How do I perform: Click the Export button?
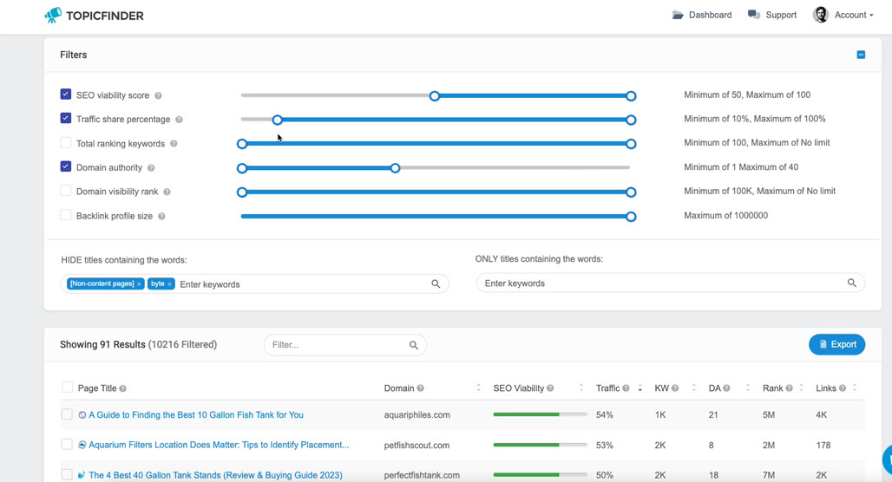click(x=836, y=344)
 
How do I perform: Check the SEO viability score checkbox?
click(x=66, y=94)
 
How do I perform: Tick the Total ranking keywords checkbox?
click(x=66, y=143)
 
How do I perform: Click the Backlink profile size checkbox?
click(x=66, y=215)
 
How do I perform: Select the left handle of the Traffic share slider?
click(x=277, y=120)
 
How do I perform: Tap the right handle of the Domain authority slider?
click(x=396, y=168)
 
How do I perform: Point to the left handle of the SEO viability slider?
click(x=435, y=96)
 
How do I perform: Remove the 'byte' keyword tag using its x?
click(x=169, y=284)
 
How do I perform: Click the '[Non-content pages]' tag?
click(x=102, y=283)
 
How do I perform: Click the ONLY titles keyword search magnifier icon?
click(x=851, y=283)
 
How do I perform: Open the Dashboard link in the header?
click(x=702, y=16)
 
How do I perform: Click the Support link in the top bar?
click(x=772, y=16)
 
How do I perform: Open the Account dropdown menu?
click(x=843, y=16)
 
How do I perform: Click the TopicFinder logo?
click(x=94, y=16)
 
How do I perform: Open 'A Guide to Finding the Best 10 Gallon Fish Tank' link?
click(x=196, y=415)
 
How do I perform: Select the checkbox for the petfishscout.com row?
click(x=67, y=445)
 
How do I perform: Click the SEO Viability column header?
click(x=518, y=388)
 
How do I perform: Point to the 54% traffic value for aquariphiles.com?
click(x=605, y=415)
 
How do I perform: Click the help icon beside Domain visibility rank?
click(x=167, y=192)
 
